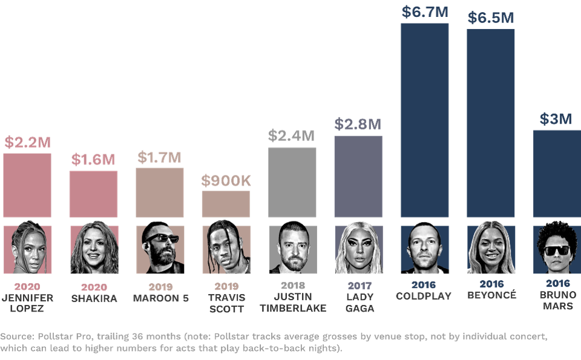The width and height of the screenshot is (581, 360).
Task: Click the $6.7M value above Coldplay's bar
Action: (x=424, y=11)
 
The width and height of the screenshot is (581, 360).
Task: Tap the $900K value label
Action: (x=226, y=180)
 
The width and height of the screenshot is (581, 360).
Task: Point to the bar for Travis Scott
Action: (x=226, y=204)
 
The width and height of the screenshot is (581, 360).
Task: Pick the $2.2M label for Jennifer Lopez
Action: (x=27, y=143)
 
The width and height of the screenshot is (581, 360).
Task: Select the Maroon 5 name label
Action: (x=159, y=298)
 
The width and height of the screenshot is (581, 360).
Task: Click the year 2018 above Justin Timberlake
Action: (x=292, y=285)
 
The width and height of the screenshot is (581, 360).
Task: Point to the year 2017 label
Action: (x=358, y=285)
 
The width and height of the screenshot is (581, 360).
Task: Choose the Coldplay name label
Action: (x=424, y=296)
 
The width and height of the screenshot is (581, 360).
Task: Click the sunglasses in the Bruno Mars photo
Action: (x=557, y=250)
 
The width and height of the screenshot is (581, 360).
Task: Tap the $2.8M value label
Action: (x=358, y=125)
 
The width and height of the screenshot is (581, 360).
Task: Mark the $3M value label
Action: (x=556, y=119)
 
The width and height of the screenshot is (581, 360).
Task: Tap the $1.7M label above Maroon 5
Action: (x=159, y=158)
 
